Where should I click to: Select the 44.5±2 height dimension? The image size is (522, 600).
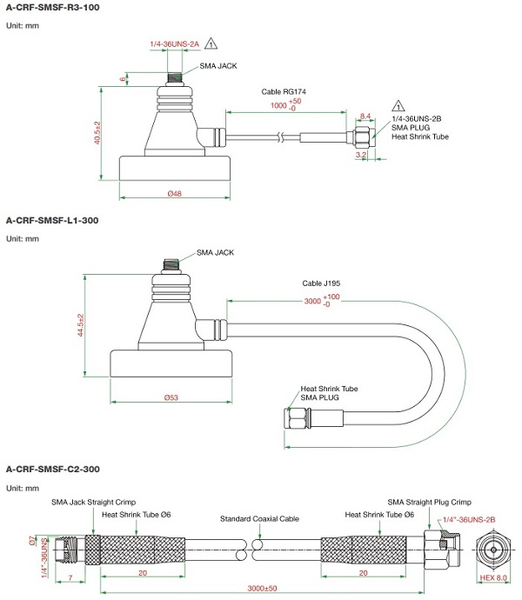[x=80, y=328]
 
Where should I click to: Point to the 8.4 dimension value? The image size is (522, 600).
[x=365, y=116]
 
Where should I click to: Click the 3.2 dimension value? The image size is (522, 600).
[x=361, y=155]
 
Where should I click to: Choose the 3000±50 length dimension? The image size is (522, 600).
[x=260, y=588]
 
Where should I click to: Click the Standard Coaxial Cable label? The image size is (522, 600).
[x=260, y=518]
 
